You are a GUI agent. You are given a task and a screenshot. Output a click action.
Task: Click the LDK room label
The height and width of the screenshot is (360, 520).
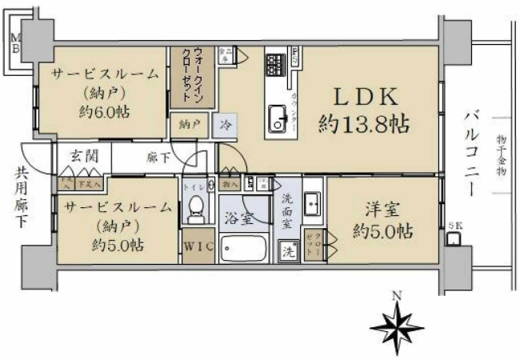point(364,97)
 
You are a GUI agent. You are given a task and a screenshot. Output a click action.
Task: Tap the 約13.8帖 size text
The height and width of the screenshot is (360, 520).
point(364,124)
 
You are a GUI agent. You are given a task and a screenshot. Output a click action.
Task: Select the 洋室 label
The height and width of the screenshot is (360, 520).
point(383,210)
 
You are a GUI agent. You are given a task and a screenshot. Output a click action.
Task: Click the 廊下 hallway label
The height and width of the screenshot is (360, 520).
point(157,158)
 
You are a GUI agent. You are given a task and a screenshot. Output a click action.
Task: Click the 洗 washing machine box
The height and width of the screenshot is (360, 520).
point(287,250)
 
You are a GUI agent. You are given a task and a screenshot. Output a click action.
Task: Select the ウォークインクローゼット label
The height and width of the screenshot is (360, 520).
point(192,77)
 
